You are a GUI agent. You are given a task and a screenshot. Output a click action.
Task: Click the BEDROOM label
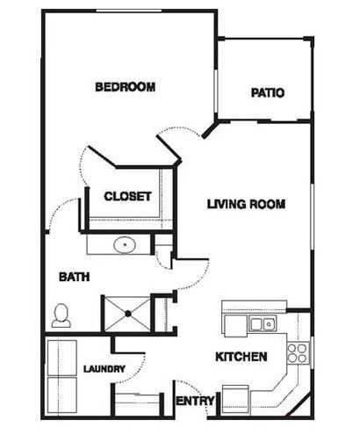[126, 87]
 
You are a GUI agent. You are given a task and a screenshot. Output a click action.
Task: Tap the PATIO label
[268, 93]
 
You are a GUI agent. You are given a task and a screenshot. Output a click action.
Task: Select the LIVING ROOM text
[246, 204]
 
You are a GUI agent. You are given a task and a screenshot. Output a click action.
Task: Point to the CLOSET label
[127, 196]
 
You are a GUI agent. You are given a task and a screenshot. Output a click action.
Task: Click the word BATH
[74, 277]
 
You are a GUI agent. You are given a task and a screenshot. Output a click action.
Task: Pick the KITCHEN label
[241, 357]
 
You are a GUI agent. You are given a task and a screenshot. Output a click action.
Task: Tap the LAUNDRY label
[104, 369]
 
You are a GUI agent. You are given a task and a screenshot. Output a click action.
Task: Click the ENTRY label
[195, 401]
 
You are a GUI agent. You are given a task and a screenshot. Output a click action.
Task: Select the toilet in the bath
[61, 315]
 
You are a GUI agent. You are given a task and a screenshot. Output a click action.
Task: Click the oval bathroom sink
[125, 244]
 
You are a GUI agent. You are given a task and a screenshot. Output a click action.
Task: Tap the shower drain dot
[128, 314]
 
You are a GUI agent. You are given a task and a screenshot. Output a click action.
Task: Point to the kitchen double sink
[263, 323]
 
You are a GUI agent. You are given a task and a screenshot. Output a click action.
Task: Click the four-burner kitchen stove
[298, 353]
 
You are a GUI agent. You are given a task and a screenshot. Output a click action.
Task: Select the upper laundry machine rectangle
[62, 358]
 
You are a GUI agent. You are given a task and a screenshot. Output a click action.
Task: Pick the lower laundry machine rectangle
[62, 395]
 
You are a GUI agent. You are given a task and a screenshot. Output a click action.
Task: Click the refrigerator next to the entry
[236, 401]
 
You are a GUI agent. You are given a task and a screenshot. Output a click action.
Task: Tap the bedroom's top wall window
[129, 11]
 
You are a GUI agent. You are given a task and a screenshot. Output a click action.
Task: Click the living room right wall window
[312, 217]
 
